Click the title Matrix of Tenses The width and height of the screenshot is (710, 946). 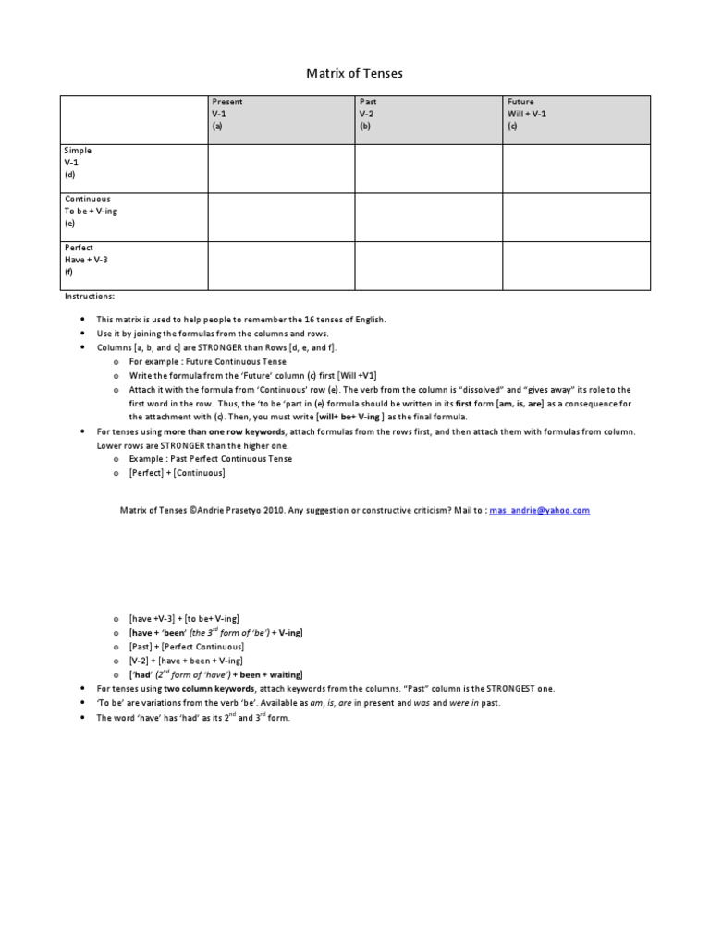click(x=355, y=72)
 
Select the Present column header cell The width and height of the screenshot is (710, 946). click(x=280, y=115)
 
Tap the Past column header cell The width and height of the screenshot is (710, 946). click(x=428, y=115)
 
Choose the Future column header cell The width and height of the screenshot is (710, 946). click(x=575, y=115)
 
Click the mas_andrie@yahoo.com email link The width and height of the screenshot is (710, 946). click(x=540, y=510)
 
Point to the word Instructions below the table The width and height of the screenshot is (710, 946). click(x=90, y=297)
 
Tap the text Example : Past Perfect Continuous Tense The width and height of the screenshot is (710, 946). click(x=210, y=458)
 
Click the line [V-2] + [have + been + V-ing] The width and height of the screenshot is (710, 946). click(x=186, y=661)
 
